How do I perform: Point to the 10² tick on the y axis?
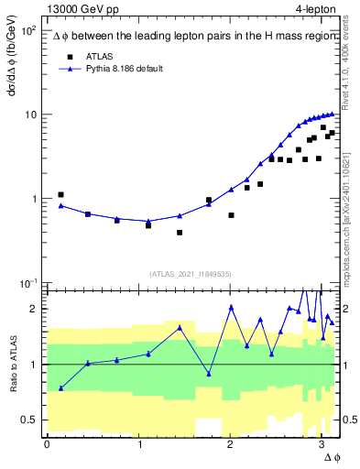click(29, 31)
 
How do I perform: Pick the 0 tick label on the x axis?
click(47, 445)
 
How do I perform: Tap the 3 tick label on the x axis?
click(321, 445)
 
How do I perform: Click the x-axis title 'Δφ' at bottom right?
click(331, 458)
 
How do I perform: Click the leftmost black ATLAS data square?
click(60, 194)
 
